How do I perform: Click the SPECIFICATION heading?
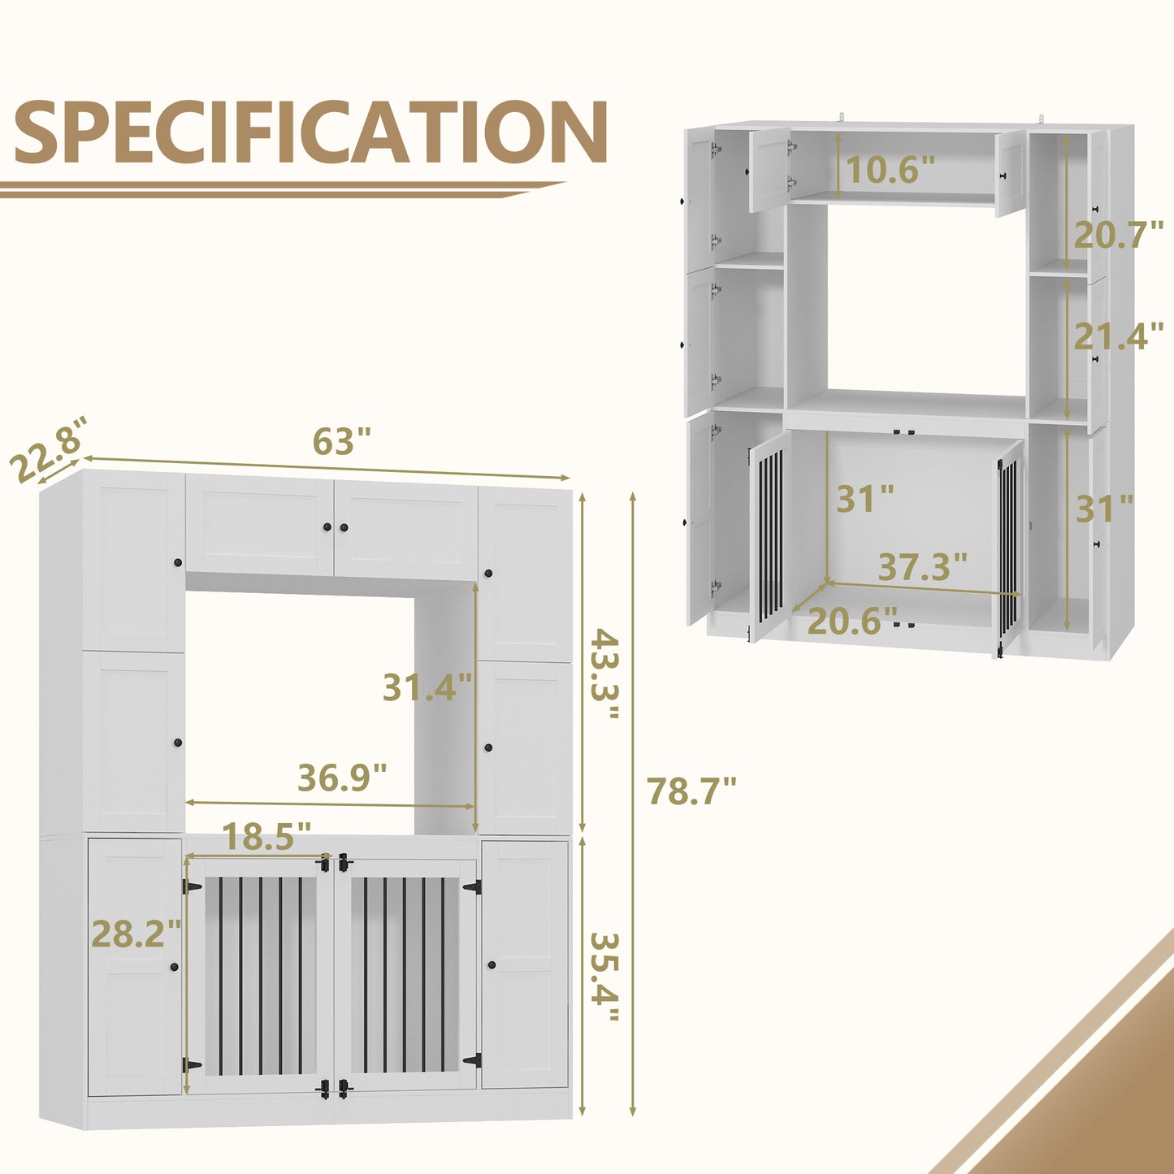[x=310, y=132]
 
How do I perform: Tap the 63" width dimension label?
[x=341, y=441]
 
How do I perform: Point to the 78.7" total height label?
[x=691, y=791]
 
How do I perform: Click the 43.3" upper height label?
[x=605, y=674]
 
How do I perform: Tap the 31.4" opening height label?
[x=427, y=687]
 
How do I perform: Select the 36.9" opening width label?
[x=342, y=777]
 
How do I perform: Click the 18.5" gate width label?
[x=266, y=836]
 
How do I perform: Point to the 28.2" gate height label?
[x=136, y=934]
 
